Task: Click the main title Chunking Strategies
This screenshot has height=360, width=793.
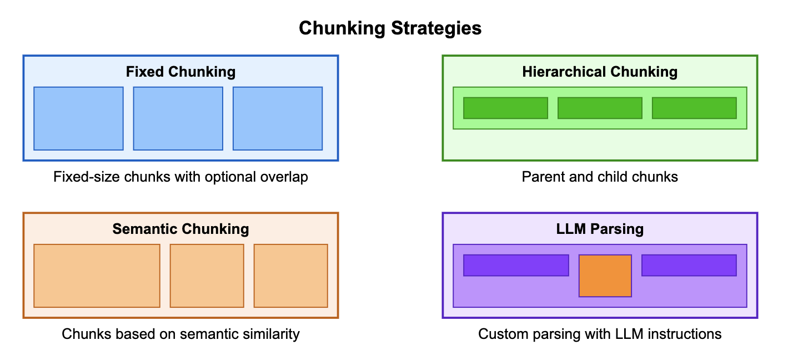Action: click(x=390, y=28)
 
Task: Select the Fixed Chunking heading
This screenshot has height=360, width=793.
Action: click(x=180, y=72)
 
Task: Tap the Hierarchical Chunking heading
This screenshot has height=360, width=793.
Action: click(x=600, y=72)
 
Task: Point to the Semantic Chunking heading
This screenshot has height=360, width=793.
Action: click(x=180, y=229)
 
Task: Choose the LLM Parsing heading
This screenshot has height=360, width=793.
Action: click(x=600, y=229)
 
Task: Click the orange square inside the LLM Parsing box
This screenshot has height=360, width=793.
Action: click(x=605, y=276)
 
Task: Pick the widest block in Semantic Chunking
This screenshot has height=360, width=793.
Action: click(x=97, y=276)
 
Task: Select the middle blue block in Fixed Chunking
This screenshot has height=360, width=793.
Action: click(x=178, y=118)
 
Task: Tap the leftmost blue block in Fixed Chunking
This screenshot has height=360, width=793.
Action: click(x=78, y=118)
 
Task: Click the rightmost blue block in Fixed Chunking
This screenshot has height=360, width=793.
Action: click(x=278, y=118)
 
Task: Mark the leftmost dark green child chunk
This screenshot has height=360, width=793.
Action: click(x=505, y=108)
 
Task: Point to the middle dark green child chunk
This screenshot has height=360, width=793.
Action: click(x=600, y=108)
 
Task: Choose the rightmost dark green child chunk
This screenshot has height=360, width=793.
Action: click(x=694, y=108)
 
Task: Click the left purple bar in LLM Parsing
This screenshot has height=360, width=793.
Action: click(x=516, y=265)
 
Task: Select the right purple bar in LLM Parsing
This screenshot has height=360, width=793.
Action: click(x=689, y=265)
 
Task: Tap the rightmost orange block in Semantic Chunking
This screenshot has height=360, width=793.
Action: click(x=290, y=276)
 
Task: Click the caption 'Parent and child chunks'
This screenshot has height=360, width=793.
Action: click(x=600, y=177)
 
